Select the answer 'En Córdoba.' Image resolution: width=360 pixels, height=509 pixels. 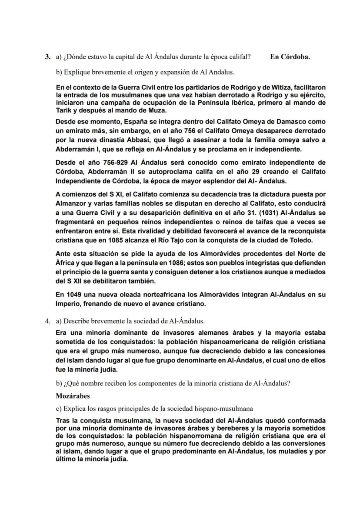(x=290, y=57)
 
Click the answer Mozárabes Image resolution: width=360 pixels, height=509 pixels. (x=73, y=396)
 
